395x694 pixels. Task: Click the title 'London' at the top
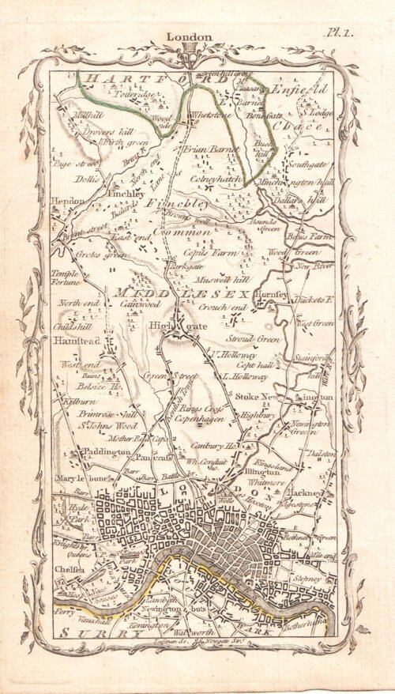click(189, 36)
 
